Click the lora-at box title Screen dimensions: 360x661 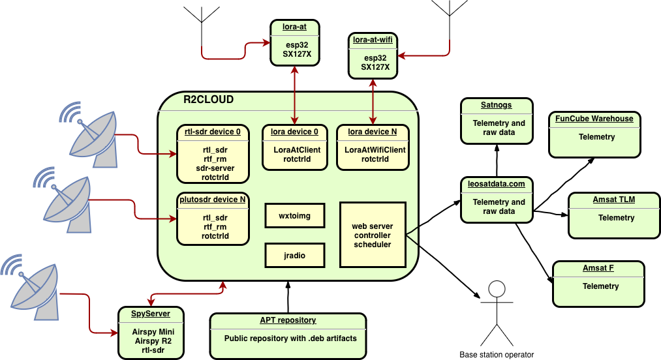tap(295, 27)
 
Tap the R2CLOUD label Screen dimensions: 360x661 tap(208, 100)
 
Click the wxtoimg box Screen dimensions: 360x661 tap(294, 216)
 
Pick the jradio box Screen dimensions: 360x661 tap(294, 255)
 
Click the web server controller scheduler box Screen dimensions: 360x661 tap(372, 235)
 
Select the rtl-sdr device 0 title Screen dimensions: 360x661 tap(212, 132)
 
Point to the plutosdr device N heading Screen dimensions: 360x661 tap(212, 200)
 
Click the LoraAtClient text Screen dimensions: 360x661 tap(297, 150)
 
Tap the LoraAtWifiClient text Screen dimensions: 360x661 tap(375, 150)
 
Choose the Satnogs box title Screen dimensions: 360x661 tap(496, 105)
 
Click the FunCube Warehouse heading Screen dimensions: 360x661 tap(594, 119)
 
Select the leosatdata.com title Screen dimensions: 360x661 tap(496, 184)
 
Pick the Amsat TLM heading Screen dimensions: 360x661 tap(613, 200)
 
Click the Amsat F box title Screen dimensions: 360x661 tap(598, 268)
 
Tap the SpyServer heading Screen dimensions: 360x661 tap(150, 314)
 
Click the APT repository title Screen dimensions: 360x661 tap(287, 320)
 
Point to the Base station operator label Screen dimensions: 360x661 tap(497, 355)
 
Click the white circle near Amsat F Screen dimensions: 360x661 tap(497, 289)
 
